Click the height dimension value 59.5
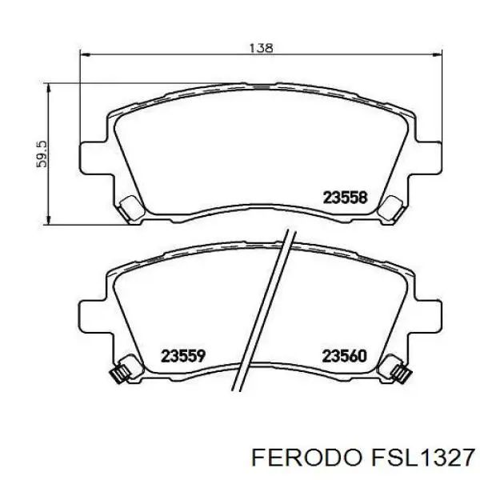click(42, 153)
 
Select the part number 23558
click(344, 197)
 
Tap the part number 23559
click(184, 355)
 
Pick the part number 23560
click(344, 355)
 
